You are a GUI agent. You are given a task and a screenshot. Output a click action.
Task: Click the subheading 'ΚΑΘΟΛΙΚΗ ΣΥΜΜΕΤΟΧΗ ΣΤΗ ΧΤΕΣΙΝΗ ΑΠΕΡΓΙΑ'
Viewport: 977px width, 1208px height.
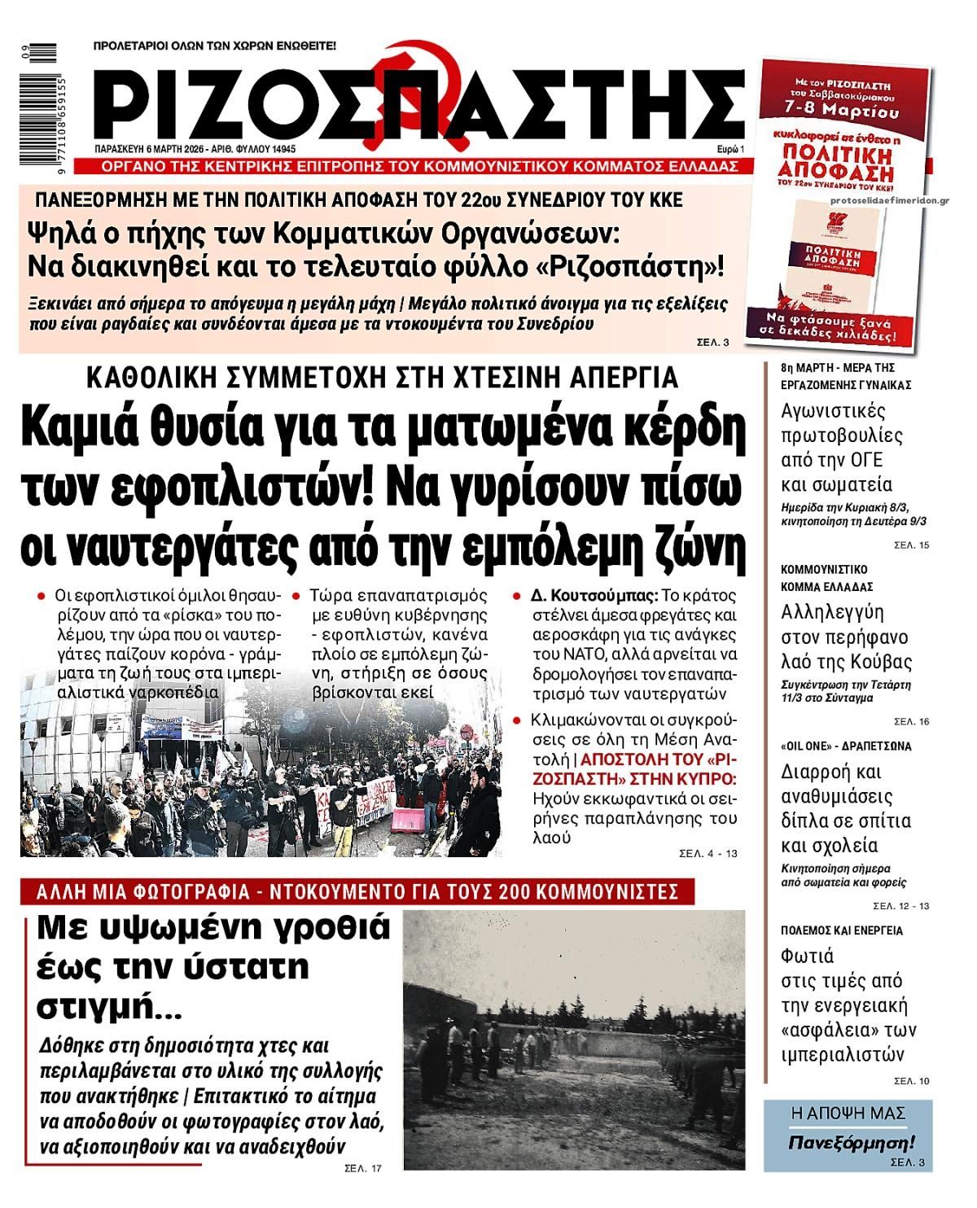click(382, 378)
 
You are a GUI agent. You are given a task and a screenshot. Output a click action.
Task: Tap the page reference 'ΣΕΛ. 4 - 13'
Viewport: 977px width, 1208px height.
click(708, 854)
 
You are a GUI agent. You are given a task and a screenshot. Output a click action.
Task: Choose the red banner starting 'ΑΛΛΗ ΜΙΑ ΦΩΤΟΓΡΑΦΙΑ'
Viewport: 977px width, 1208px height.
click(357, 891)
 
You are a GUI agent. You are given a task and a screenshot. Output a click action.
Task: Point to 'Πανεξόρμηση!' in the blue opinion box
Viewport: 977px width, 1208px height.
click(852, 1142)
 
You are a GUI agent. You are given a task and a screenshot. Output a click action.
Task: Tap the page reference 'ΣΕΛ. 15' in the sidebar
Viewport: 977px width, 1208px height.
click(911, 545)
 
